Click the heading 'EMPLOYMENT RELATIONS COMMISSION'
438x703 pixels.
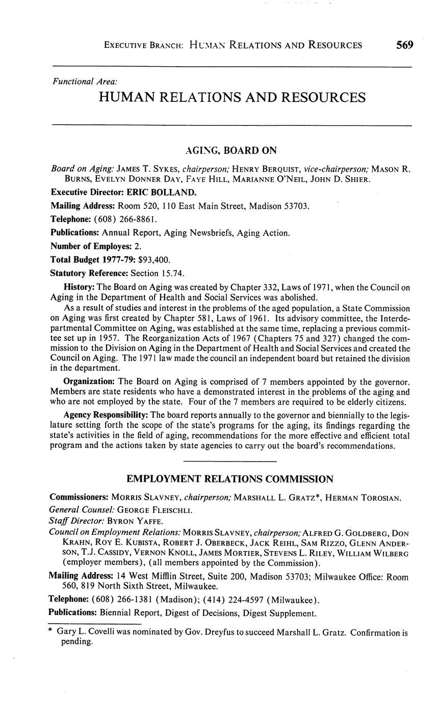click(229, 479)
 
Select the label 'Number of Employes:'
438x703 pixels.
click(88, 246)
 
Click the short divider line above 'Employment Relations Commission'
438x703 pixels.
click(229, 461)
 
